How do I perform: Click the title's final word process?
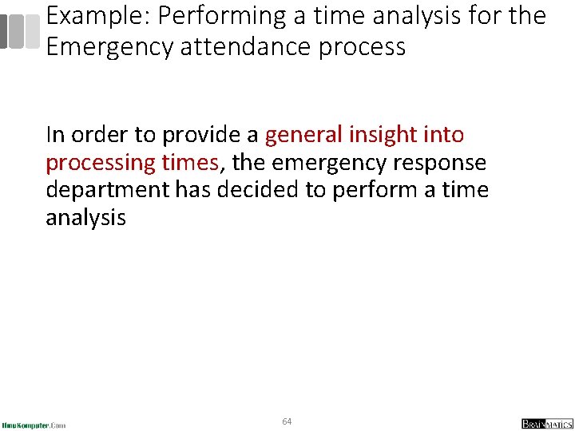click(x=363, y=48)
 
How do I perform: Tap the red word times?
click(x=189, y=162)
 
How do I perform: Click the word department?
click(x=108, y=191)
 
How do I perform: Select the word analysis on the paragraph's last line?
click(x=85, y=218)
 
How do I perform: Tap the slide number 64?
click(x=287, y=421)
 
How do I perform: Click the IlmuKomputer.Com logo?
click(x=34, y=425)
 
